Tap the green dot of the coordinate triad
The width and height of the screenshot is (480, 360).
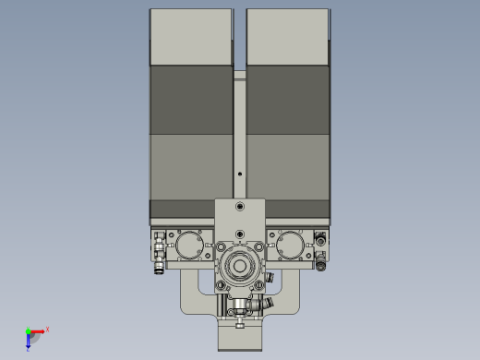(x=29, y=331)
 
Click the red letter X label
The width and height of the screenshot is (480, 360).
(x=47, y=329)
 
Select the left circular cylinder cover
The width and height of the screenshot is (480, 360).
(x=191, y=246)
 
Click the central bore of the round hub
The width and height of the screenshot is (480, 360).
(x=240, y=267)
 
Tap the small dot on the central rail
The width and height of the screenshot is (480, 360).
(x=240, y=173)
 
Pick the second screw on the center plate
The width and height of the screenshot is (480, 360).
(x=240, y=234)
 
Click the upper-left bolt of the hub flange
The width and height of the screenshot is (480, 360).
(x=222, y=246)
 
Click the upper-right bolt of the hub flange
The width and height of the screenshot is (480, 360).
(x=259, y=246)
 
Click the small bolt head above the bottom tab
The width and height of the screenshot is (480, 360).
(x=240, y=322)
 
